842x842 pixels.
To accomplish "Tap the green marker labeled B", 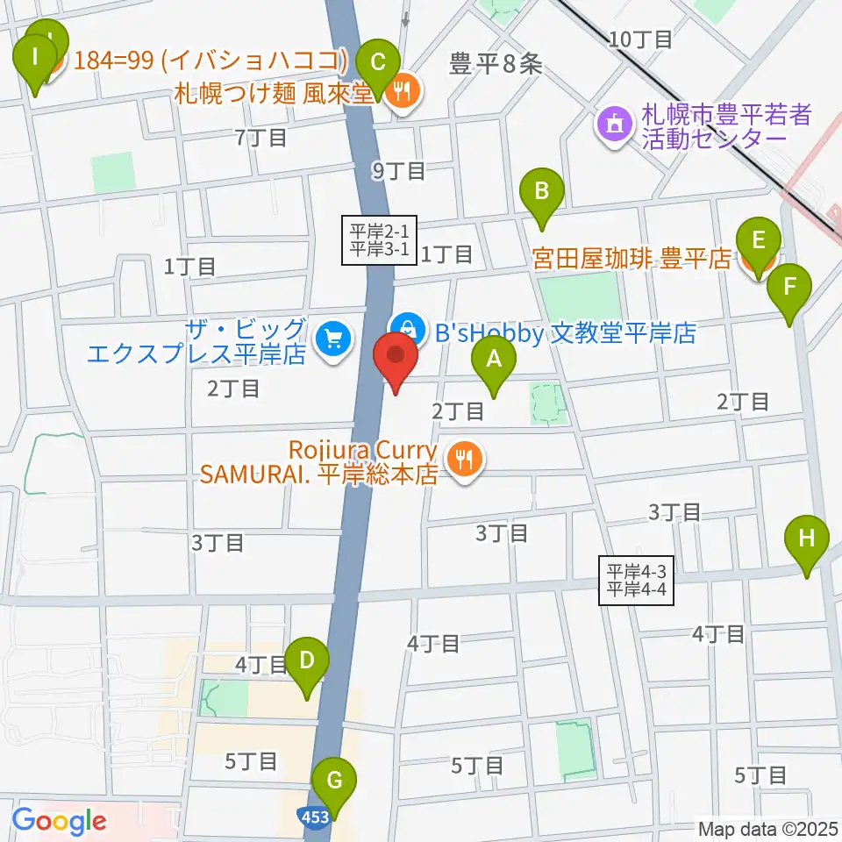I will (542, 193).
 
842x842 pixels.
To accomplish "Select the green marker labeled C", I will (378, 66).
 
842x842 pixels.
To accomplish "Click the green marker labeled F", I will (790, 289).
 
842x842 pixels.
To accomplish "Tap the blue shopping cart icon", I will (332, 339).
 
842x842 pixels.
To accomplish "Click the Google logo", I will (59, 820).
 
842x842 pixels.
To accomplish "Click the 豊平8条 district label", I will (496, 64).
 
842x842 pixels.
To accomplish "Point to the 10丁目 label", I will (641, 39).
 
